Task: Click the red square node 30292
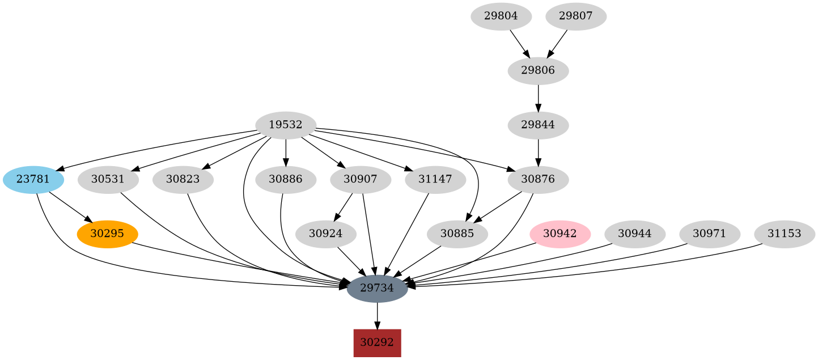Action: (x=377, y=342)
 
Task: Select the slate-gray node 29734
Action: (x=377, y=288)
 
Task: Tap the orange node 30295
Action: (x=107, y=234)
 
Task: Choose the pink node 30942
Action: (x=560, y=234)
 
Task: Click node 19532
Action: (x=286, y=125)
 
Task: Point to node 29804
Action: (x=501, y=16)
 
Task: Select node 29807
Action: (x=576, y=16)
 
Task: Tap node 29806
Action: (x=538, y=71)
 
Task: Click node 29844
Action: (x=538, y=125)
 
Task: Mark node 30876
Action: (x=538, y=180)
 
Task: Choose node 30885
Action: (x=457, y=234)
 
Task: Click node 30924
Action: (x=325, y=234)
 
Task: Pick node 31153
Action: (x=785, y=234)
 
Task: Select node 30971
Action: (x=710, y=234)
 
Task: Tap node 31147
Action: (x=435, y=180)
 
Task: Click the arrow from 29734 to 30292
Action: (x=377, y=316)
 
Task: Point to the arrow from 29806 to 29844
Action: (x=538, y=98)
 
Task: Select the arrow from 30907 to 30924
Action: (x=344, y=207)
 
